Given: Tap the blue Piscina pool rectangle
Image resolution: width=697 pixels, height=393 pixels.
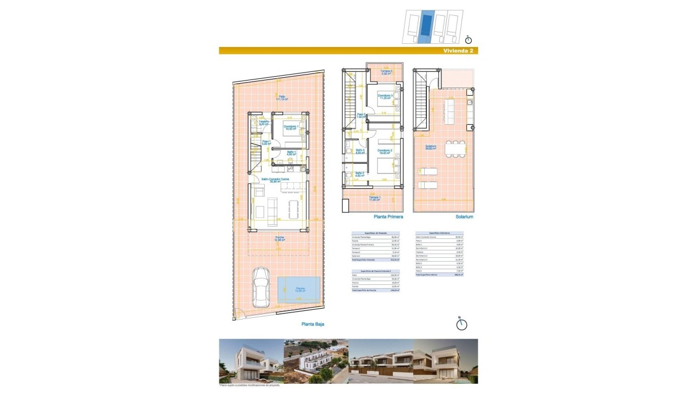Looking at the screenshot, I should click(300, 290).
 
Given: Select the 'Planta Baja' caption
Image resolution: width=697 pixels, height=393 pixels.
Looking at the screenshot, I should click(313, 324).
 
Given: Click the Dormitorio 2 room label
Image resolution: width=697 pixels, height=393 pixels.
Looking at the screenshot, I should click(385, 151).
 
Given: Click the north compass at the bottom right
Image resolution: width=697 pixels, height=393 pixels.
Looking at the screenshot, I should click(461, 324).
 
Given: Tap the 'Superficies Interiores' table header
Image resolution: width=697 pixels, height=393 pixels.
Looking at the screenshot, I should click(439, 233).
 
